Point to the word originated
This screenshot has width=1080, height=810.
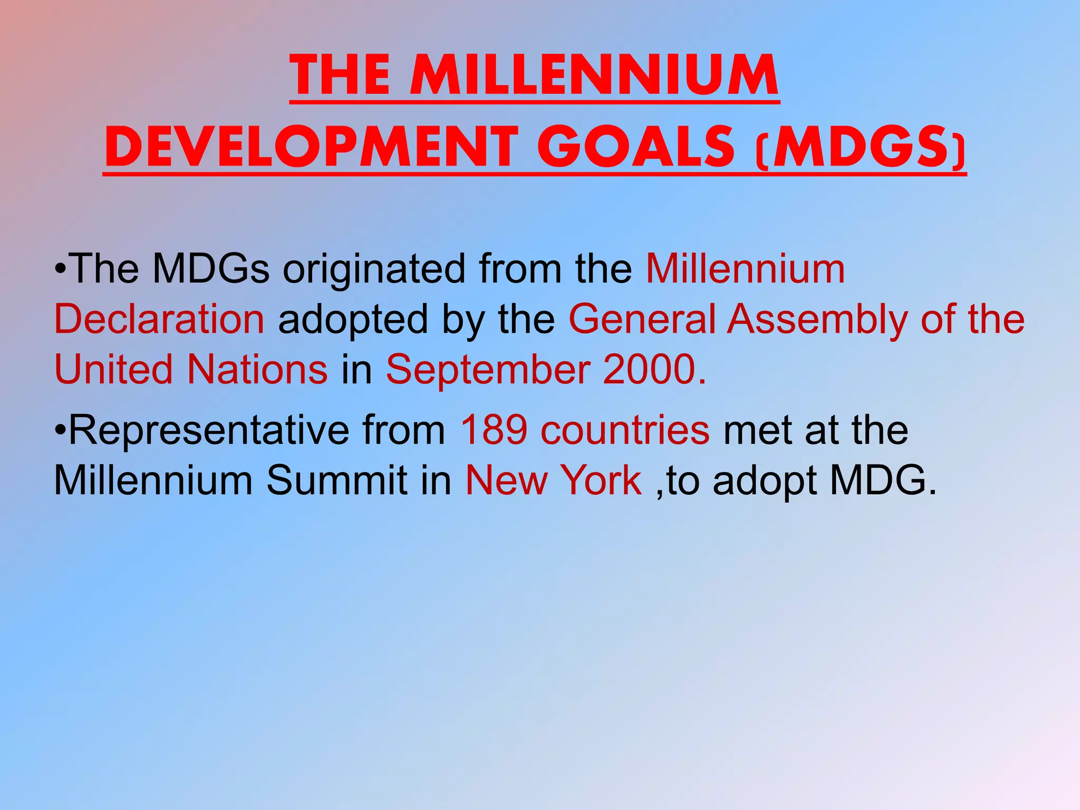point(374,269)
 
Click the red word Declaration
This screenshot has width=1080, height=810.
point(159,319)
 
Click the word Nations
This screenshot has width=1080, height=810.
point(258,369)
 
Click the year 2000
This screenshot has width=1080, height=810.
point(654,369)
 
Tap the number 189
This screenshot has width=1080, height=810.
point(494,430)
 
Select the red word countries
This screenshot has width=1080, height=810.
point(625,430)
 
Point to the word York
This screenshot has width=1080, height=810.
point(601,480)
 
